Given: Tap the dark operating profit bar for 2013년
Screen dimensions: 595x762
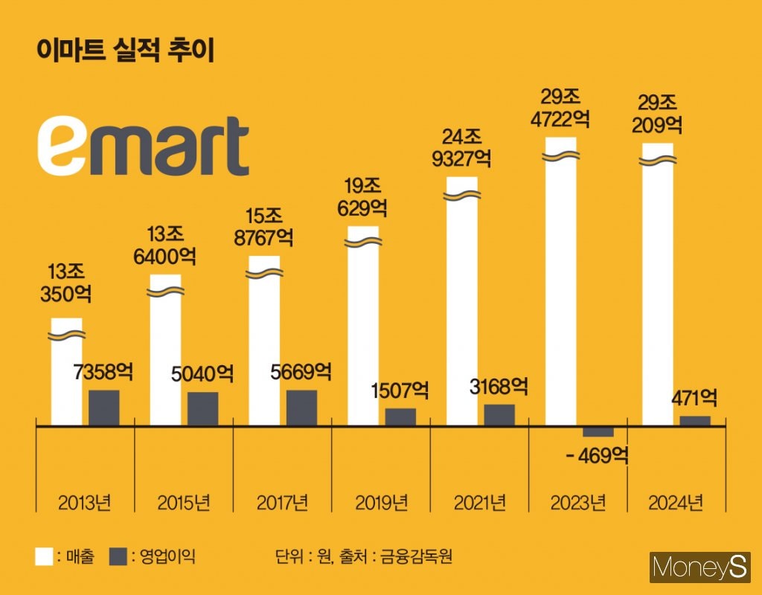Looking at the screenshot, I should click(103, 408).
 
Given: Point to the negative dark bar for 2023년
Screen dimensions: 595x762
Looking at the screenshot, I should click(598, 431).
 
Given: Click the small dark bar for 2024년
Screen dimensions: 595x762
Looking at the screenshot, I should click(695, 421).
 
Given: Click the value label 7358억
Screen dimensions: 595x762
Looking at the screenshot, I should click(103, 373).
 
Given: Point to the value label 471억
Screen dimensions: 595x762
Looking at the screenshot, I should click(694, 399).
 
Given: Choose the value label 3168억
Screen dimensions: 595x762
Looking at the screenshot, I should click(499, 387).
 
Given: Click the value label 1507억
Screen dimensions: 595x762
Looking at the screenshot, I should click(400, 390).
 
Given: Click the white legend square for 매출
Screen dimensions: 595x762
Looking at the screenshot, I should click(44, 556).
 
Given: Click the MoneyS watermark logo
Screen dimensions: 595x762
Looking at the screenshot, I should click(700, 569).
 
